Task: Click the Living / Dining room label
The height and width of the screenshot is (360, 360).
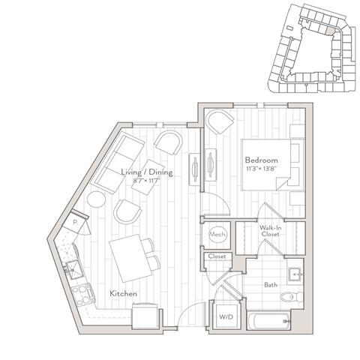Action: pyautogui.click(x=147, y=172)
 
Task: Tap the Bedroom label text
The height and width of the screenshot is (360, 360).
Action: pyautogui.click(x=262, y=160)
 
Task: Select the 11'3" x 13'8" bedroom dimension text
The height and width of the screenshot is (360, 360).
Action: pyautogui.click(x=262, y=168)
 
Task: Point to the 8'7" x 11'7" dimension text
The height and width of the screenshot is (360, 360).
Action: pyautogui.click(x=147, y=181)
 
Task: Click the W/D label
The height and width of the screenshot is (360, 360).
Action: pyautogui.click(x=223, y=316)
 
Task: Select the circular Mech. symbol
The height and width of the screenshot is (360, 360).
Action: pyautogui.click(x=218, y=235)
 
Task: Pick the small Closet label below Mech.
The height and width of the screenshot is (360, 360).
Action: pyautogui.click(x=217, y=257)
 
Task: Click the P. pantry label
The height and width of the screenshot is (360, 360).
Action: pyautogui.click(x=76, y=222)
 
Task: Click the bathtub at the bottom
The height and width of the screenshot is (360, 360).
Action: pyautogui.click(x=268, y=322)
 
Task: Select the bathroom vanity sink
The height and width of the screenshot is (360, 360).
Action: pyautogui.click(x=295, y=272)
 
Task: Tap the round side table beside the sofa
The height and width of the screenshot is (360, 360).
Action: pyautogui.click(x=97, y=200)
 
